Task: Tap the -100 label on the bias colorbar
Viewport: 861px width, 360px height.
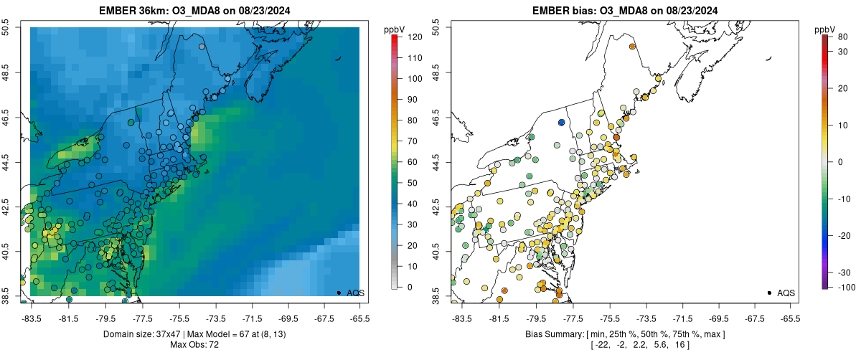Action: pos(844,287)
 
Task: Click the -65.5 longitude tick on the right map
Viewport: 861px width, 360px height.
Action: pos(789,317)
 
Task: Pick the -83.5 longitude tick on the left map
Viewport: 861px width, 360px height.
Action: pos(31,317)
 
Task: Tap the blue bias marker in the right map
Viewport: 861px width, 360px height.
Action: pos(561,123)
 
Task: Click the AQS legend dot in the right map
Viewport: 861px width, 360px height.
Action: pos(768,293)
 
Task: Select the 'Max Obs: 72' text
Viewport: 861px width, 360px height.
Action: pos(194,345)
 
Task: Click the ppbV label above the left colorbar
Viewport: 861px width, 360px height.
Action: pos(394,29)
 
